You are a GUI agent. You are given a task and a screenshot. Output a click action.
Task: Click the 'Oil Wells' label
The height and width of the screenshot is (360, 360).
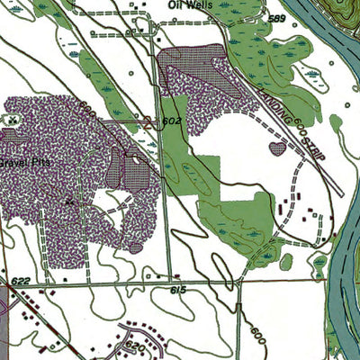192,4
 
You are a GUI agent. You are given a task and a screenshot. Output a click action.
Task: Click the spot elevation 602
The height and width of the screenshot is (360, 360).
173,119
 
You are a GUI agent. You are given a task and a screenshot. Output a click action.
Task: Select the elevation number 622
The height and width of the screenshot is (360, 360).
22,282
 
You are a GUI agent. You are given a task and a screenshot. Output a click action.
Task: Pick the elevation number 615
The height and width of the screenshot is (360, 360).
176,290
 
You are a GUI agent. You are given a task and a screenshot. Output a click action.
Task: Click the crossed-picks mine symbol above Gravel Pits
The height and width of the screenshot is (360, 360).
13,118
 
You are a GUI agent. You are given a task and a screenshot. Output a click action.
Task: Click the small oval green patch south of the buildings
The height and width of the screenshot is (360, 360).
286,261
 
